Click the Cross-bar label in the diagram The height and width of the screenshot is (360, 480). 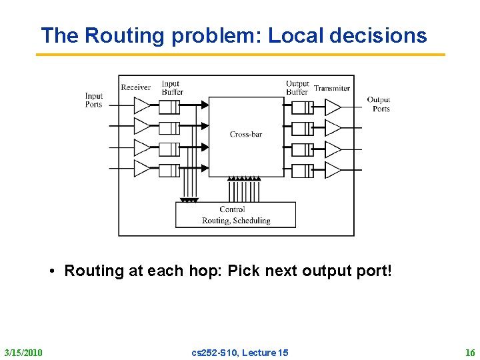point(246,135)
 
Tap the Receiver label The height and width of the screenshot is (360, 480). point(136,87)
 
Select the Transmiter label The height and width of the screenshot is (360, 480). point(332,88)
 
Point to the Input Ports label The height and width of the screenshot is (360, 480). point(94,100)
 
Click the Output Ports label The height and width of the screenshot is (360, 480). point(379,104)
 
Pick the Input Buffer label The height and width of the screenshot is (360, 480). point(172,87)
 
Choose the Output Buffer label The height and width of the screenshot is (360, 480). point(297,87)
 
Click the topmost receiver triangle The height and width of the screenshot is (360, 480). point(142,105)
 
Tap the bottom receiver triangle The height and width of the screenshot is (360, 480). point(142,169)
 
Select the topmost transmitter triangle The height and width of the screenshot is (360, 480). point(332,107)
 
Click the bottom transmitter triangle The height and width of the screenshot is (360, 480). point(332,170)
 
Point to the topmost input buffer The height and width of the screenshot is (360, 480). point(170,107)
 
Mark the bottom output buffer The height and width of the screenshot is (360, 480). point(303,170)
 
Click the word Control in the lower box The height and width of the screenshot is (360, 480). point(232,209)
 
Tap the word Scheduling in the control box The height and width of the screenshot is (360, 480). point(252,220)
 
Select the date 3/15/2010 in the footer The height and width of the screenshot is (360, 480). point(23,352)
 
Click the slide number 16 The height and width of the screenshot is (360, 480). point(470,352)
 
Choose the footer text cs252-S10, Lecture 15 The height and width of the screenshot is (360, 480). point(240,352)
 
